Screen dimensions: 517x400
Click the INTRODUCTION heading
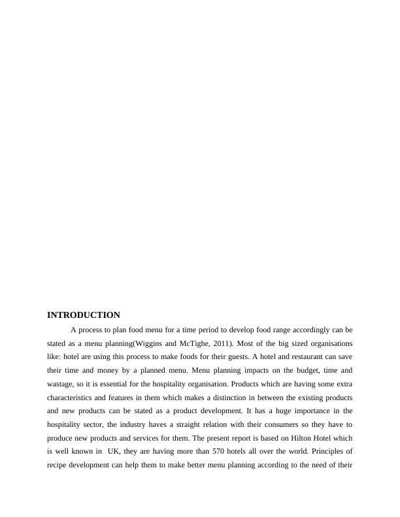pyautogui.click(x=84, y=315)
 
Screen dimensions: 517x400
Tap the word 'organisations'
pyautogui.click(x=329, y=343)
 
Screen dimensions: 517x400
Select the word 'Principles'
pyautogui.click(x=334, y=452)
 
